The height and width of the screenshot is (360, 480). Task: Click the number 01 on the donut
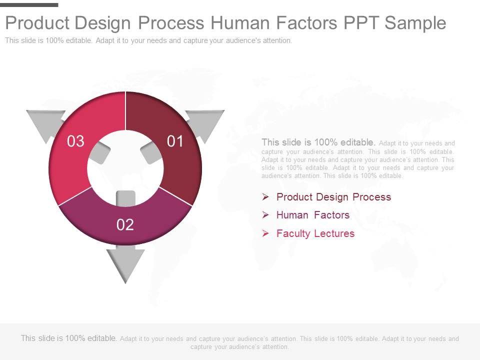coord(175,141)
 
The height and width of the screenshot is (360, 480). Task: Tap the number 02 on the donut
coord(125,224)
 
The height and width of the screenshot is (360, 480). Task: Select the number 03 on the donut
coord(75,141)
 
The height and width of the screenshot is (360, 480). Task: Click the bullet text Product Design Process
coord(333,197)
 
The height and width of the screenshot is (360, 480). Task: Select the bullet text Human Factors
coord(313,215)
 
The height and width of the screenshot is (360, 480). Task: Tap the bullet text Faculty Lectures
coord(315,233)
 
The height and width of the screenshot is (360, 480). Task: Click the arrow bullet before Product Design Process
coord(265,197)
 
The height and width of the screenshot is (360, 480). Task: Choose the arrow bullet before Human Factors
coord(265,215)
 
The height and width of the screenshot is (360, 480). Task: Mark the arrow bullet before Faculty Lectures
coord(265,233)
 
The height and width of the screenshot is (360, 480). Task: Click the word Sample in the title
coord(415,23)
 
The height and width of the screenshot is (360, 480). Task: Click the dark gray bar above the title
coord(29,5)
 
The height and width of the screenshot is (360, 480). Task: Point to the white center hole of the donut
coord(125,168)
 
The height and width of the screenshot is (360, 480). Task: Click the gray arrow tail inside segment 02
coord(125,198)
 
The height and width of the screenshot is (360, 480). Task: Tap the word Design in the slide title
coord(104,23)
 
